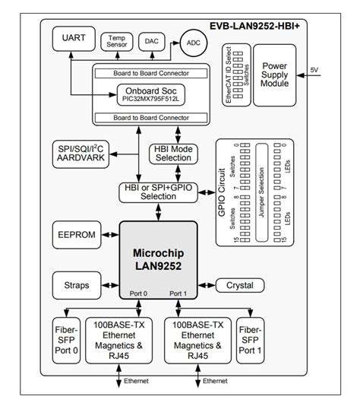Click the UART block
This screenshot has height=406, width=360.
tap(68, 37)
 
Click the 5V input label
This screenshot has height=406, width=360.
tap(315, 70)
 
